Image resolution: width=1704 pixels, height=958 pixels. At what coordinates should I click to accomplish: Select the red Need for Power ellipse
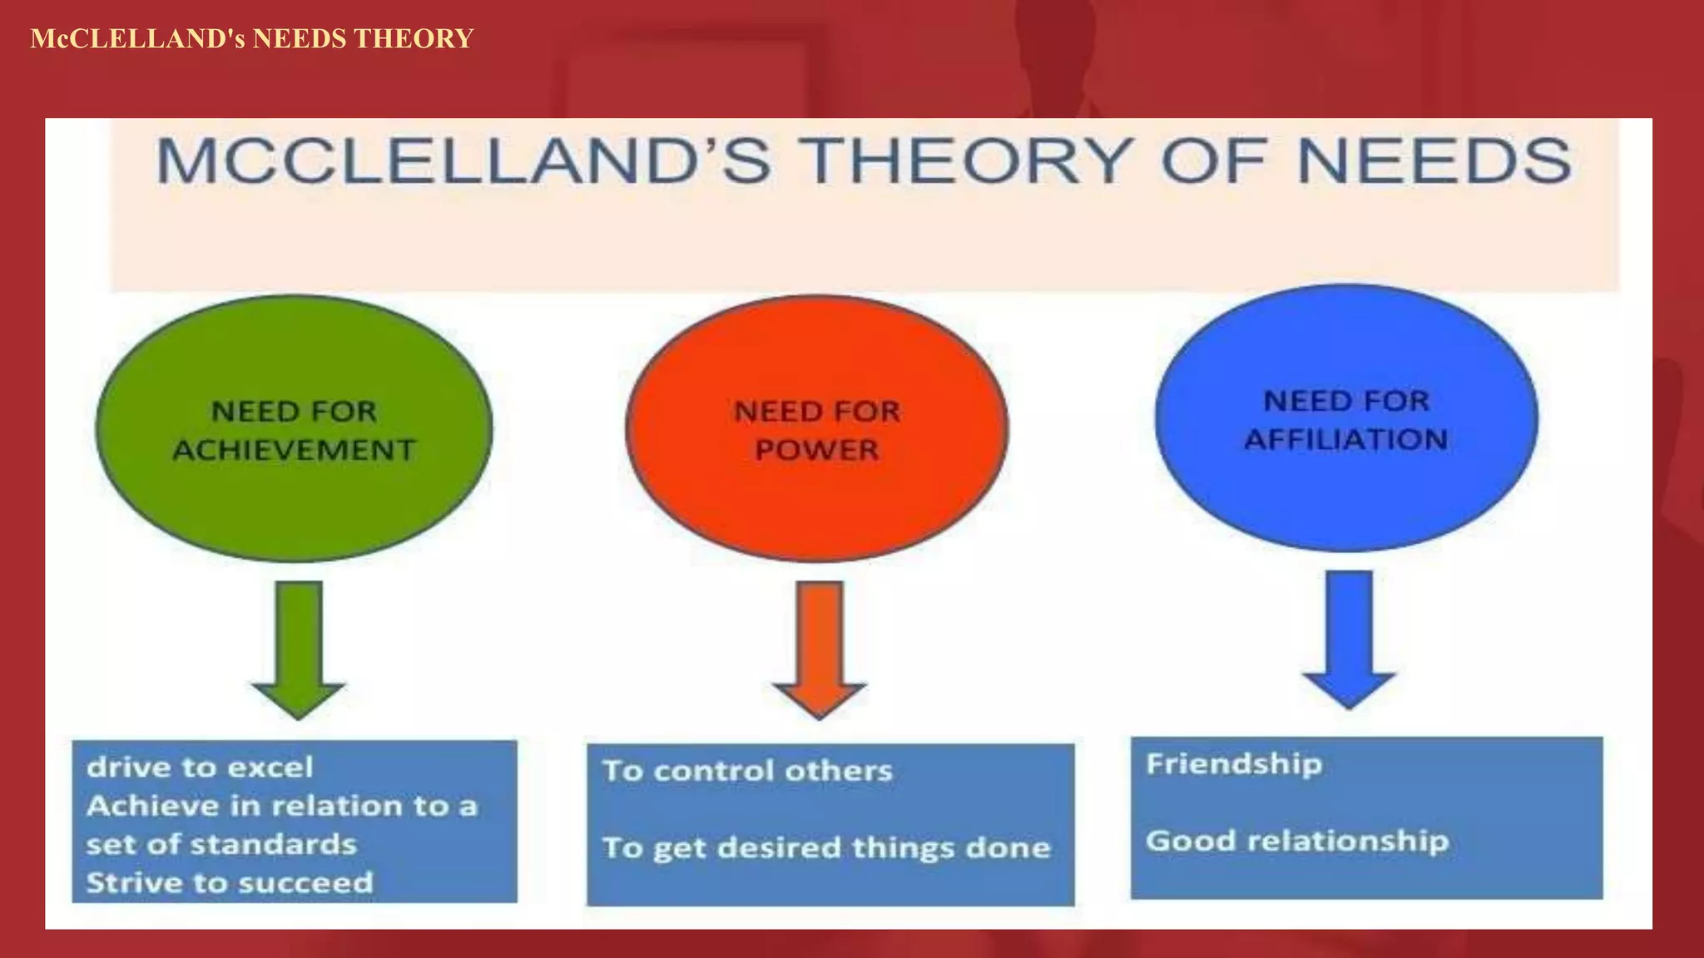(816, 507)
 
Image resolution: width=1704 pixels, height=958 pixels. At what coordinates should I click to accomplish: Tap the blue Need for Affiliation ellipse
(1345, 491)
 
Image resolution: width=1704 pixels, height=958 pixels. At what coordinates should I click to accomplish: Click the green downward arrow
(298, 649)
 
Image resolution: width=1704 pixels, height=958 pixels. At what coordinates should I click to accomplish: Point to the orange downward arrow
(820, 649)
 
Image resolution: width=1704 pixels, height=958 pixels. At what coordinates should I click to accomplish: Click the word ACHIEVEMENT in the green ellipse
(294, 450)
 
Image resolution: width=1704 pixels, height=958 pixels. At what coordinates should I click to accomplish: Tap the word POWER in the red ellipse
(816, 450)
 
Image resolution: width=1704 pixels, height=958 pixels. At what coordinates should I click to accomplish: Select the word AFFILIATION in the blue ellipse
(1345, 439)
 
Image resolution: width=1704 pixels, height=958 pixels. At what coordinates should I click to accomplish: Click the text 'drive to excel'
(200, 767)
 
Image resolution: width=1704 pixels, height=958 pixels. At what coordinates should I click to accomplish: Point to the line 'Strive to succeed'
(230, 882)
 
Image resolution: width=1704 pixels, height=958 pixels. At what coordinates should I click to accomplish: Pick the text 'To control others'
(747, 771)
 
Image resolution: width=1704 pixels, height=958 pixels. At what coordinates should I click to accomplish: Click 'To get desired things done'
(826, 847)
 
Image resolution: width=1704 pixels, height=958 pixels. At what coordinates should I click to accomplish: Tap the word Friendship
(1234, 763)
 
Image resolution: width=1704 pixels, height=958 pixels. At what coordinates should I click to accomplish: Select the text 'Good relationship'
(1297, 841)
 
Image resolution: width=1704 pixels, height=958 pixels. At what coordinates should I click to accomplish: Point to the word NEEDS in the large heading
(1434, 160)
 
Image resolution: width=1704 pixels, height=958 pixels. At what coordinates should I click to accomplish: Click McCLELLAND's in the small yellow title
(137, 39)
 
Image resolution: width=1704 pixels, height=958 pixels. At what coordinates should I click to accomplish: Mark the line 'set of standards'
(221, 844)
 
